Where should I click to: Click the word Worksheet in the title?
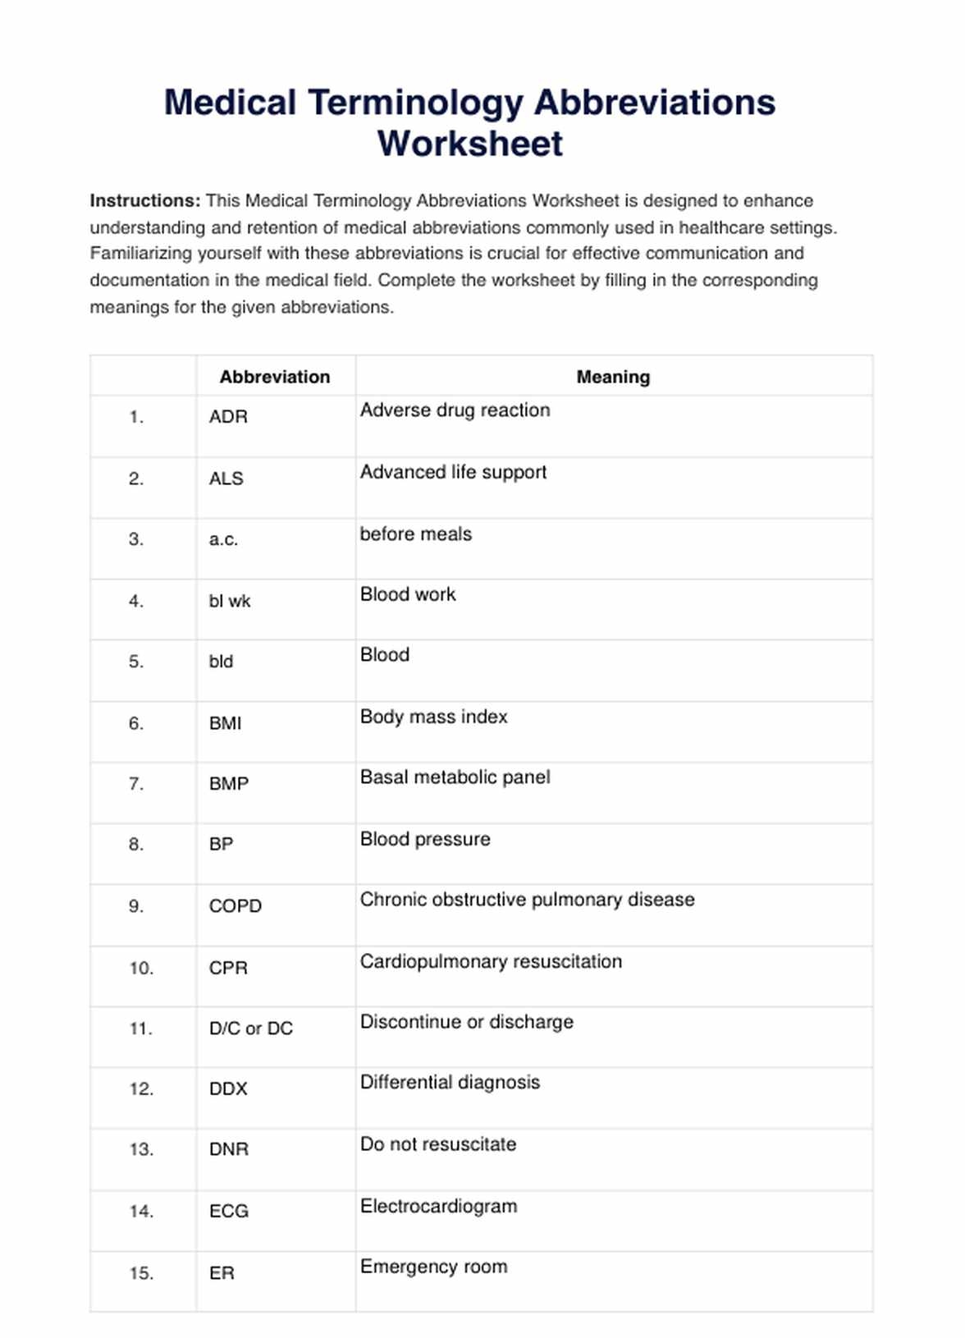pyautogui.click(x=469, y=144)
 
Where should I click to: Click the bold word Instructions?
pyautogui.click(x=144, y=201)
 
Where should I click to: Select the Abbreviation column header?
pyautogui.click(x=274, y=377)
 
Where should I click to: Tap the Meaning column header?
pyautogui.click(x=613, y=377)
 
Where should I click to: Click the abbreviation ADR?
pyautogui.click(x=228, y=417)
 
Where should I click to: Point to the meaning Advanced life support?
pyautogui.click(x=453, y=472)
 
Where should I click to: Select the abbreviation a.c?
pyautogui.click(x=223, y=539)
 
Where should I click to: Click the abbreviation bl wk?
pyautogui.click(x=230, y=601)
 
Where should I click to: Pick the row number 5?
pyautogui.click(x=136, y=662)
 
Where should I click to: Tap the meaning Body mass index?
pyautogui.click(x=433, y=717)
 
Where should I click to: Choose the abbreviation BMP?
pyautogui.click(x=228, y=784)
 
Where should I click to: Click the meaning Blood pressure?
pyautogui.click(x=425, y=839)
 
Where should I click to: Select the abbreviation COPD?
pyautogui.click(x=236, y=906)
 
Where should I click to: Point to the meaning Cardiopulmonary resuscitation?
pyautogui.click(x=491, y=961)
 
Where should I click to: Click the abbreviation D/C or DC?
pyautogui.click(x=251, y=1029)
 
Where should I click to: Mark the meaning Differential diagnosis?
pyautogui.click(x=450, y=1082)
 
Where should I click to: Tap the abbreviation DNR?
pyautogui.click(x=228, y=1149)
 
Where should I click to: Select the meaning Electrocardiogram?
pyautogui.click(x=438, y=1206)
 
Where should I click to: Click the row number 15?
pyautogui.click(x=141, y=1273)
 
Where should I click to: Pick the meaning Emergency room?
pyautogui.click(x=433, y=1267)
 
